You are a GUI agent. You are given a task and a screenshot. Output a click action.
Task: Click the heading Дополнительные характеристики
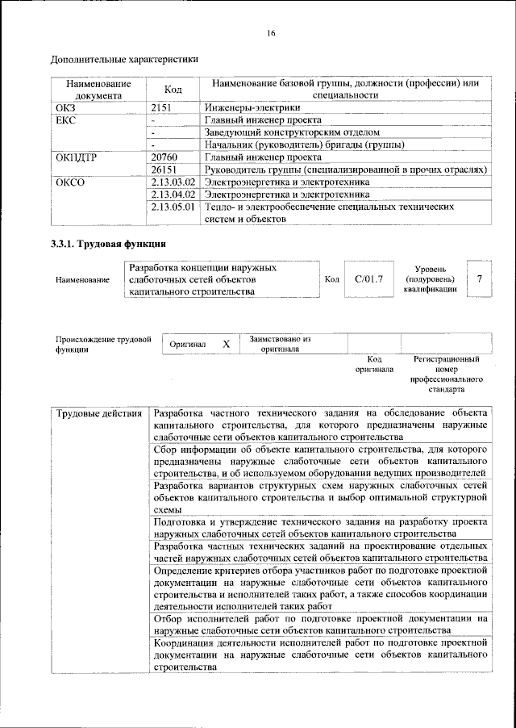(x=124, y=59)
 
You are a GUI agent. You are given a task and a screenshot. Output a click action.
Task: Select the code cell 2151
(x=164, y=107)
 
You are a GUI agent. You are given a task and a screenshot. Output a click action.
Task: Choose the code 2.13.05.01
(x=173, y=207)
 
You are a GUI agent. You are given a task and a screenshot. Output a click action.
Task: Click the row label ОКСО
(x=69, y=183)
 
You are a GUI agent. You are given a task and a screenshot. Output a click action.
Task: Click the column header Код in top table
(x=173, y=89)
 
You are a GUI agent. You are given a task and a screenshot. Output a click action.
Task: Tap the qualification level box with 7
(x=480, y=279)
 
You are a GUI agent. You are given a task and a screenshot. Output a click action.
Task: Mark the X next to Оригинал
(x=227, y=344)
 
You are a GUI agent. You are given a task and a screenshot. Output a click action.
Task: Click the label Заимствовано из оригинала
(x=280, y=344)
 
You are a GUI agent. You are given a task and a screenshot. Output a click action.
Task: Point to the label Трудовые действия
(x=99, y=414)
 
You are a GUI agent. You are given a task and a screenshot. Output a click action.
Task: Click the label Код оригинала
(x=374, y=363)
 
